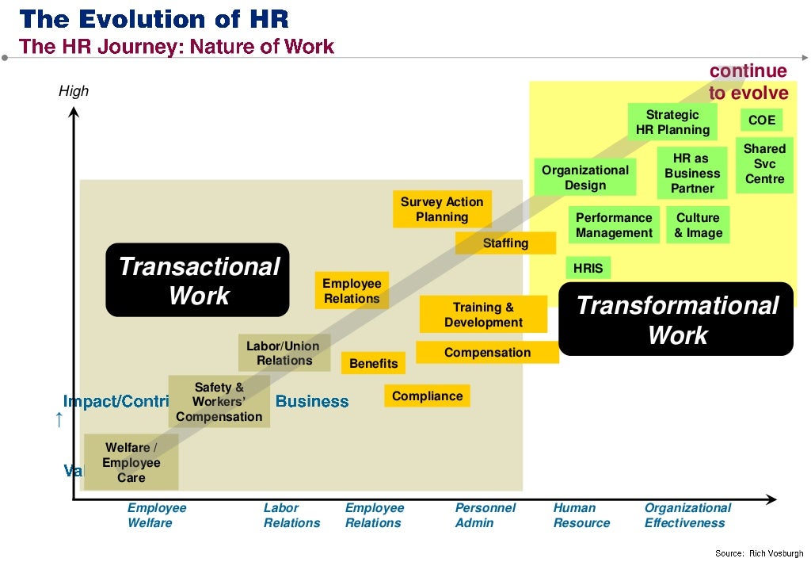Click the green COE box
pyautogui.click(x=762, y=120)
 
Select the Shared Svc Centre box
pyautogui.click(x=764, y=163)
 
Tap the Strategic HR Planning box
pyautogui.click(x=672, y=122)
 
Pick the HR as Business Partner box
pyautogui.click(x=692, y=174)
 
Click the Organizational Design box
pyautogui.click(x=585, y=178)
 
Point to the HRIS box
pyautogui.click(x=588, y=269)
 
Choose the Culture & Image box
pyautogui.click(x=698, y=225)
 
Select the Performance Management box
pyautogui.click(x=614, y=225)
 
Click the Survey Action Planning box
pyautogui.click(x=442, y=209)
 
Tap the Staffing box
pyautogui.click(x=505, y=243)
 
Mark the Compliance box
pyautogui.click(x=427, y=396)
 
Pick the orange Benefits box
pyautogui.click(x=374, y=363)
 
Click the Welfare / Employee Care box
pyautogui.click(x=131, y=463)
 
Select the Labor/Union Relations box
pyautogui.click(x=283, y=353)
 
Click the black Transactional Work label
pyautogui.click(x=198, y=281)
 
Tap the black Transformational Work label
pyautogui.click(x=676, y=319)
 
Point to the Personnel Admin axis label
pyautogui.click(x=485, y=515)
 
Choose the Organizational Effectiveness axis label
pyautogui.click(x=687, y=515)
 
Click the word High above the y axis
pyautogui.click(x=74, y=91)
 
